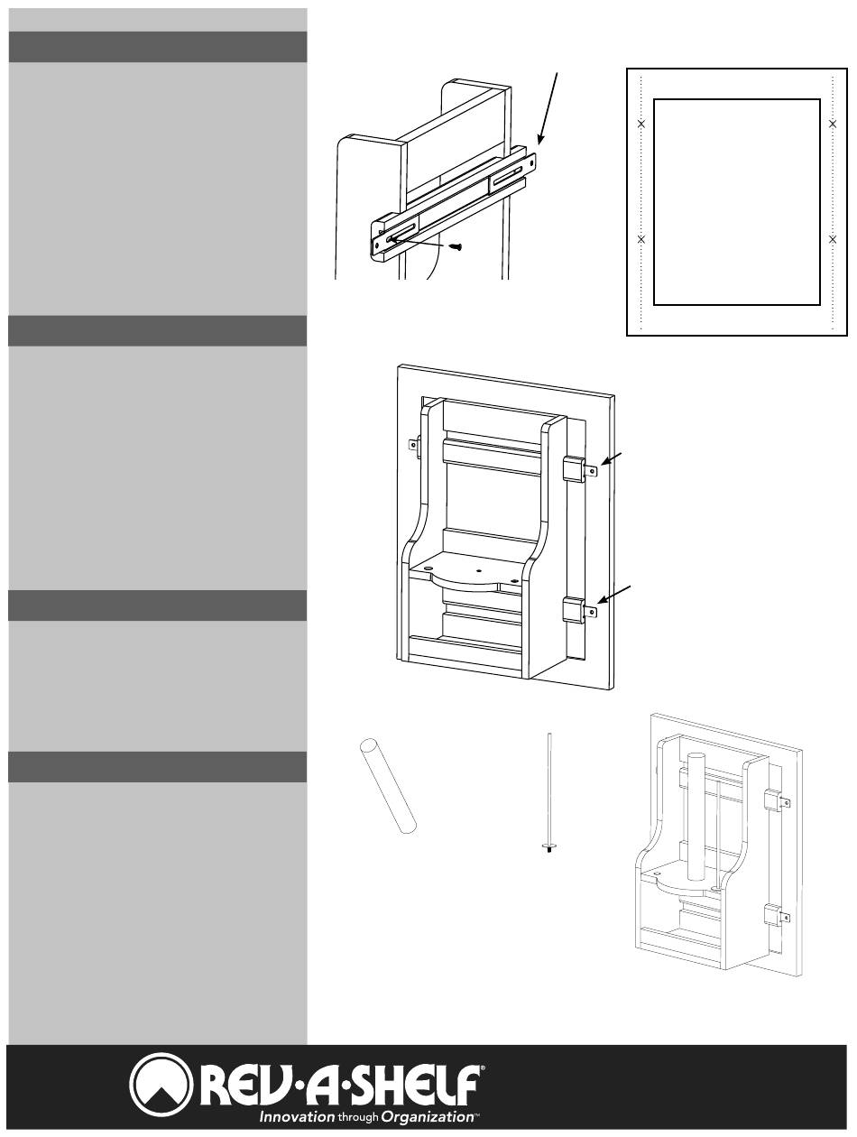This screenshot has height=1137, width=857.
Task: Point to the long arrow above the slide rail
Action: tap(551, 108)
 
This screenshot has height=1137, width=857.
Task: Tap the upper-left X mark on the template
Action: tap(641, 123)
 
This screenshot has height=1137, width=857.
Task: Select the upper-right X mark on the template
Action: tap(832, 123)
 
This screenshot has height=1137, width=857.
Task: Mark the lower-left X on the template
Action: tap(641, 239)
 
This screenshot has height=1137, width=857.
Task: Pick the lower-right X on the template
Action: tap(832, 239)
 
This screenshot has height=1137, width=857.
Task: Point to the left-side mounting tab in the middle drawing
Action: tap(415, 444)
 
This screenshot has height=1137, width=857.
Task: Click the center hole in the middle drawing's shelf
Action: tap(478, 572)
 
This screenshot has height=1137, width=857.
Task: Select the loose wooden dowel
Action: tap(387, 784)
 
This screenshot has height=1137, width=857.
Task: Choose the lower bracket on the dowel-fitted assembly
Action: tap(776, 917)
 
